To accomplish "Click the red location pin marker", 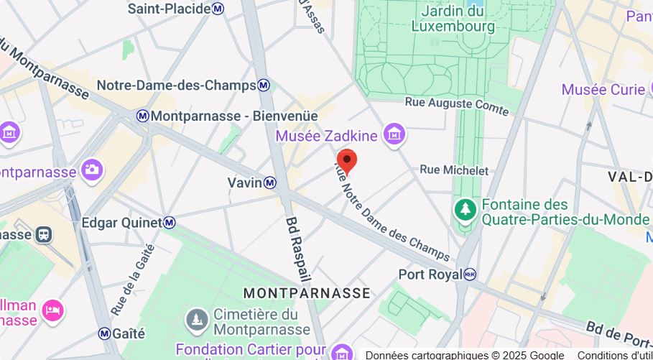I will (x=347, y=161).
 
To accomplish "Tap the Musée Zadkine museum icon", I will (x=394, y=134).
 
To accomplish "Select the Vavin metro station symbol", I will (x=269, y=183).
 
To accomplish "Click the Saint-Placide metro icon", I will (x=218, y=9).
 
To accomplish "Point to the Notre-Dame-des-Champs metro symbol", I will (x=264, y=86).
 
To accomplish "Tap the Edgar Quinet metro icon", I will (x=169, y=223).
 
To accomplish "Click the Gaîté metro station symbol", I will (x=105, y=333).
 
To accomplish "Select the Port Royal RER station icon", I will (x=470, y=274).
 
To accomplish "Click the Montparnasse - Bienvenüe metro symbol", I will (x=143, y=116).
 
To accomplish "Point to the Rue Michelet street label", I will (x=454, y=170).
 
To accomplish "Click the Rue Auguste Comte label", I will (x=457, y=106).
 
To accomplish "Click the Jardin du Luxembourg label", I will (x=453, y=19).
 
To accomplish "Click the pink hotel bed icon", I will (x=53, y=310).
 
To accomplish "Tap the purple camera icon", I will (x=93, y=170).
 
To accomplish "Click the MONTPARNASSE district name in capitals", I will (x=307, y=293).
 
